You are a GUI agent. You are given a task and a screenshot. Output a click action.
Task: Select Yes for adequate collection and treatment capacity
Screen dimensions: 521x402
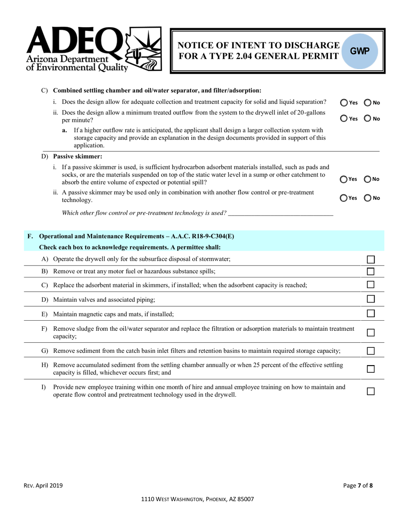point(344,103)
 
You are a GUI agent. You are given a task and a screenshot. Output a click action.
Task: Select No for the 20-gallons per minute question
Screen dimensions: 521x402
point(368,119)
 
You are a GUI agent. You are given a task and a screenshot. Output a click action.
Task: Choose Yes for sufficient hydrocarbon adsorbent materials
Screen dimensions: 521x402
point(344,179)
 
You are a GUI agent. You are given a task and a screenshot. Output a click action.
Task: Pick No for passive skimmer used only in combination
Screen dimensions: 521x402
point(368,198)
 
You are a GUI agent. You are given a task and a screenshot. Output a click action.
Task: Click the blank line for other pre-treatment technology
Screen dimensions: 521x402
point(281,213)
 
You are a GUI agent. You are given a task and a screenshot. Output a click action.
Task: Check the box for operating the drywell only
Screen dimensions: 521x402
point(371,259)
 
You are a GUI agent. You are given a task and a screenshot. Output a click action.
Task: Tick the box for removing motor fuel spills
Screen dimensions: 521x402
point(371,272)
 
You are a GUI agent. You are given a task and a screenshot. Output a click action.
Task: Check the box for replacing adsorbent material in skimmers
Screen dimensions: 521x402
point(371,285)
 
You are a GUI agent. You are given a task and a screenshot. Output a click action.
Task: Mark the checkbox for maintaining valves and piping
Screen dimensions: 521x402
point(371,299)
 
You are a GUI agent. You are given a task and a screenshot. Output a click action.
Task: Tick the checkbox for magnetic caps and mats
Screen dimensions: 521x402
point(371,314)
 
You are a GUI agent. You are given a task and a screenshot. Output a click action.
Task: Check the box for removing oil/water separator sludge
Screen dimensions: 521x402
point(371,333)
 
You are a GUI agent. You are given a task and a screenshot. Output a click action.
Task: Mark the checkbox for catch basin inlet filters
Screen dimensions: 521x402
point(371,351)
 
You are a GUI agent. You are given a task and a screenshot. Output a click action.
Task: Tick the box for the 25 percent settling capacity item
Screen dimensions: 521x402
point(371,369)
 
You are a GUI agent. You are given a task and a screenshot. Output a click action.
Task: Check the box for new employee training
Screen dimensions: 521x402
point(371,391)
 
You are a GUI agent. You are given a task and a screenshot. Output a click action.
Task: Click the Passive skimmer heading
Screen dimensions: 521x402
point(77,156)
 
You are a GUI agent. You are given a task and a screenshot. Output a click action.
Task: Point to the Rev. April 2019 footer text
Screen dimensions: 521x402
point(43,486)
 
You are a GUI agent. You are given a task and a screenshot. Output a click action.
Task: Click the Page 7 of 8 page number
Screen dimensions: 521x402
point(358,486)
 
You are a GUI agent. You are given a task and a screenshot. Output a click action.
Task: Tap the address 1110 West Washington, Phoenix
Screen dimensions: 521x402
point(198,499)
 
